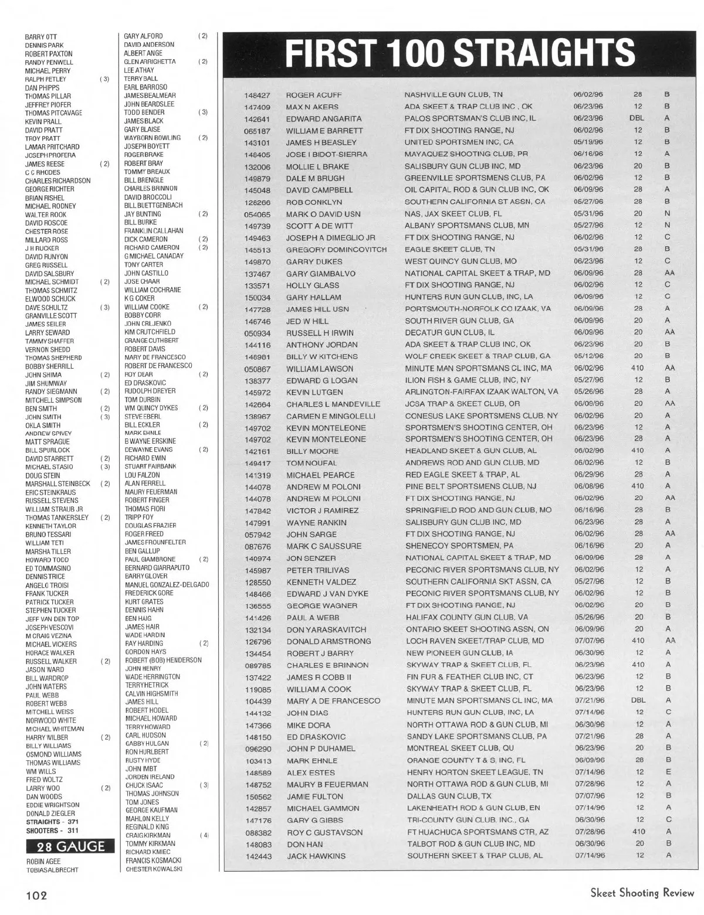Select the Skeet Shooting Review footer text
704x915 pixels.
coord(642,893)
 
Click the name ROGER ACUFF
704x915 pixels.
coord(313,95)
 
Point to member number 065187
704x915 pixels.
coord(256,131)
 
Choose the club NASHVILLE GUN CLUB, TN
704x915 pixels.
coord(453,94)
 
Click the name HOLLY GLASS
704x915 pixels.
coord(312,285)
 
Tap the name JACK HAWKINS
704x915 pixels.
coord(316,856)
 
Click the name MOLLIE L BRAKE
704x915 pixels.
coord(317,166)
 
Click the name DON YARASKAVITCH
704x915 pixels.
coord(326,630)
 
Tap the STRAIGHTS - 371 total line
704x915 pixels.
coord(52,822)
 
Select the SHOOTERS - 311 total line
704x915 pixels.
coord(52,830)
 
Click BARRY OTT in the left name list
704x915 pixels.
coord(40,37)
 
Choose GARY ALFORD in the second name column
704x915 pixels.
coord(143,36)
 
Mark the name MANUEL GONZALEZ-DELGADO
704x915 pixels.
coord(167,584)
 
